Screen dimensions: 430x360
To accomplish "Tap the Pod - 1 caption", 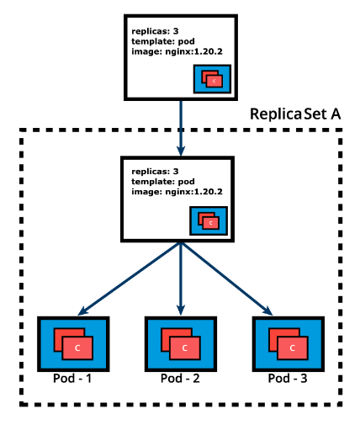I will [72, 379].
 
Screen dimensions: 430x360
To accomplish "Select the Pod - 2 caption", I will [179, 379].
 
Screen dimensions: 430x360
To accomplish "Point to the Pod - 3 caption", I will [287, 379].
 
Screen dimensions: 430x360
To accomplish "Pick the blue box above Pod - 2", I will [179, 343].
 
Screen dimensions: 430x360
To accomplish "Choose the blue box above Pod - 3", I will [287, 343].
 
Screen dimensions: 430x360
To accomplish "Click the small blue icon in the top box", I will [211, 79].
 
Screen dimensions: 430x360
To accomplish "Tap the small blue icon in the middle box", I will [208, 222].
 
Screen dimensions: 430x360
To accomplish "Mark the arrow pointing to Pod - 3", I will [232, 279].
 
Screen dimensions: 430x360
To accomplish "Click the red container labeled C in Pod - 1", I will [77, 347].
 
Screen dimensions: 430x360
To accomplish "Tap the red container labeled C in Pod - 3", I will [292, 347].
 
